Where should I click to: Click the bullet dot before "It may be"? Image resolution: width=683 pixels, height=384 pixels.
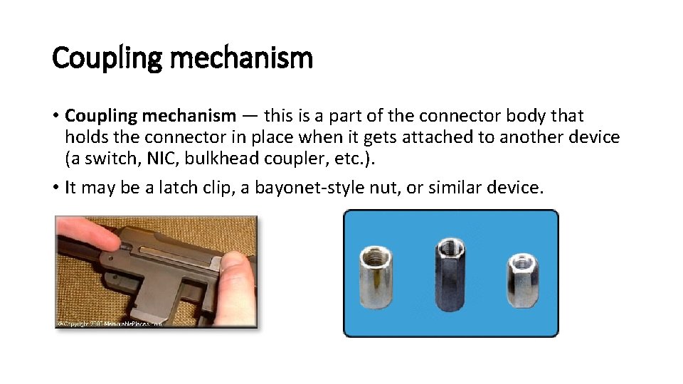pyautogui.click(x=55, y=188)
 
